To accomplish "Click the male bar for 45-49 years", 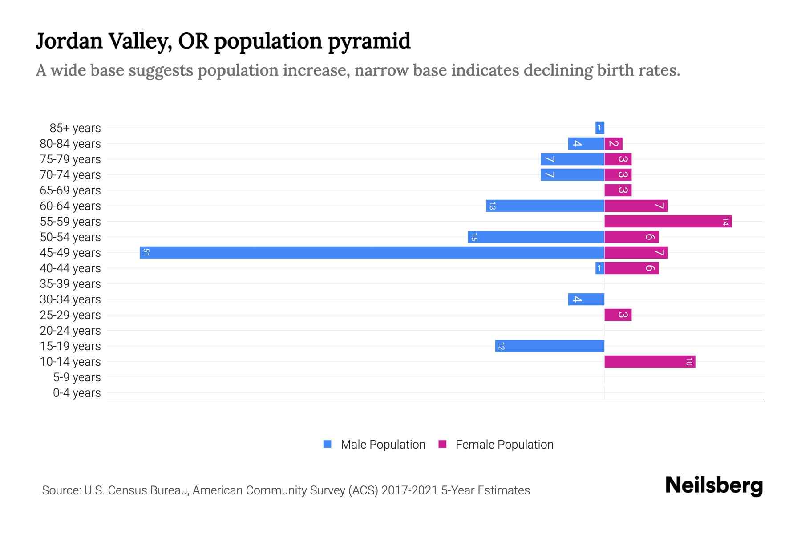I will click(x=372, y=253).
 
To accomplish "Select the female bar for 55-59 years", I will click(x=667, y=222).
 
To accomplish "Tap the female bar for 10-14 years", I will click(x=650, y=362).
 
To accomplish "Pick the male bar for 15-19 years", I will click(x=550, y=346).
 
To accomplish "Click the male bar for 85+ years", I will click(x=599, y=128).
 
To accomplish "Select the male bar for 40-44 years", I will click(x=599, y=268).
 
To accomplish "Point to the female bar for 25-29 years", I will click(x=618, y=315).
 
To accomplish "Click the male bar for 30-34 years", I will click(x=586, y=299).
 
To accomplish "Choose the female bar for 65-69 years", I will click(x=618, y=190).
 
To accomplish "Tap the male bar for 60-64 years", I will click(x=545, y=206).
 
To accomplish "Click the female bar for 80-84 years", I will click(x=613, y=144).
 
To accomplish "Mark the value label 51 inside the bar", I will click(x=146, y=253).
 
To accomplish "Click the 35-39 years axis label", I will click(x=70, y=284).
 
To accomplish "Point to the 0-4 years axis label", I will click(x=77, y=393).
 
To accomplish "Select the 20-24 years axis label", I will click(x=70, y=331).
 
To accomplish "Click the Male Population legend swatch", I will click(x=328, y=444).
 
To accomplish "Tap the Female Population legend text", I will click(x=504, y=445).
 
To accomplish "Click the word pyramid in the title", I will click(x=369, y=41).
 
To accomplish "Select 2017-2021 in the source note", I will click(x=409, y=490).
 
